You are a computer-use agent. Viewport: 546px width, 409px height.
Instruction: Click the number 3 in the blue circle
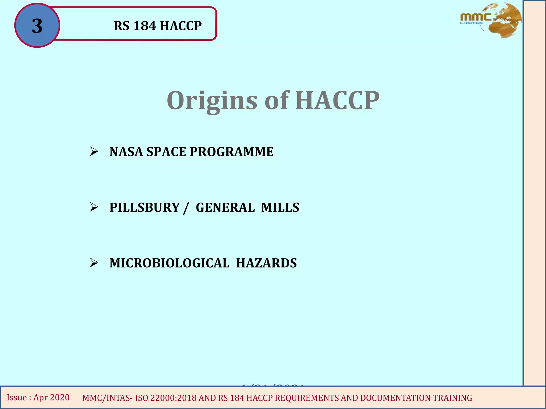tap(37, 26)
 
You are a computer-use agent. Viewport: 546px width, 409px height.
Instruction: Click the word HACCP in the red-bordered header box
tap(181, 26)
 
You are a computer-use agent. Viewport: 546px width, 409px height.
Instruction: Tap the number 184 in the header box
tap(144, 26)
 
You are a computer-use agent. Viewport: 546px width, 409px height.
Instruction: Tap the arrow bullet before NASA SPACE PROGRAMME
tap(94, 152)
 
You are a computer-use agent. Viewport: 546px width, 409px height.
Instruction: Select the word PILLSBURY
tap(144, 207)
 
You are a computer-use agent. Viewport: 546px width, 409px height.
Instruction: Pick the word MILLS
tap(280, 207)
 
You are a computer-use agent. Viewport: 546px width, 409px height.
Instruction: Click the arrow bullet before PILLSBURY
tap(94, 207)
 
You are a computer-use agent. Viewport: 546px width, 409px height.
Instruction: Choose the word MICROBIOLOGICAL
tap(169, 263)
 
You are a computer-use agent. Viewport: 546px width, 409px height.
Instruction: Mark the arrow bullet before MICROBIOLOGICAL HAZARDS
tap(94, 263)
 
